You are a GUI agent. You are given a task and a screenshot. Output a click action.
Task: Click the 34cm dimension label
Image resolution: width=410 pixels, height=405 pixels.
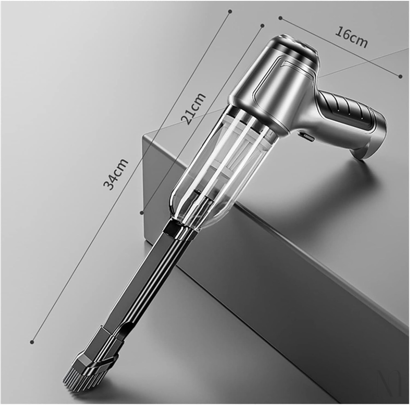116,174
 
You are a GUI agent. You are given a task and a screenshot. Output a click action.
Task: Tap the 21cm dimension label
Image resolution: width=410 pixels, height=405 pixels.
194,109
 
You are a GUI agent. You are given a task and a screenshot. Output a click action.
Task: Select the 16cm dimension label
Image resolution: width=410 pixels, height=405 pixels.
351,37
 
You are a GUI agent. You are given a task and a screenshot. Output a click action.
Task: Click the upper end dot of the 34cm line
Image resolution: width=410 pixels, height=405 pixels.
230,11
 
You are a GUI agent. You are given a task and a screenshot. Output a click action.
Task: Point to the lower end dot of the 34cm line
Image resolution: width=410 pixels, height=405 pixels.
32,342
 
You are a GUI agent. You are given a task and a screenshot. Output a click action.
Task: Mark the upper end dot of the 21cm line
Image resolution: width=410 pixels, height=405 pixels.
263,26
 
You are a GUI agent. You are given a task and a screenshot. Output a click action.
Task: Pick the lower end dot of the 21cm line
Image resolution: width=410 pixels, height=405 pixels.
142,213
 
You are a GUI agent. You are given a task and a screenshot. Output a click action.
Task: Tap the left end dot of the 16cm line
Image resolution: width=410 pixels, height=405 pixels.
280,18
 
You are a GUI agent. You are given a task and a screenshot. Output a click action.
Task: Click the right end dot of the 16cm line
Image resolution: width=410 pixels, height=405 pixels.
401,76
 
